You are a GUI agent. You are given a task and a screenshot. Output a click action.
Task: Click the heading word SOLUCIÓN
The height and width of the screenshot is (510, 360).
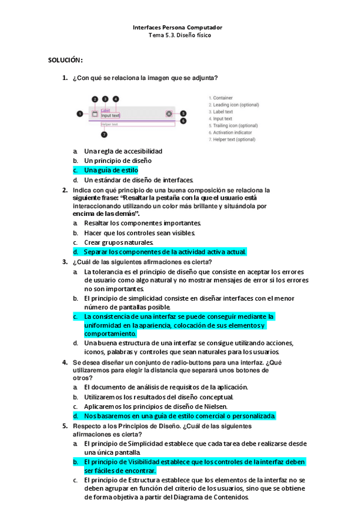click(65, 61)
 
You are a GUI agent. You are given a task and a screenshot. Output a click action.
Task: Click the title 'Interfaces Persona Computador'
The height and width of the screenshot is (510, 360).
click(180, 28)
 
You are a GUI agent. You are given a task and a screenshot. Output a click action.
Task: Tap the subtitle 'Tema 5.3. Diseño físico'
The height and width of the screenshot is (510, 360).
click(180, 35)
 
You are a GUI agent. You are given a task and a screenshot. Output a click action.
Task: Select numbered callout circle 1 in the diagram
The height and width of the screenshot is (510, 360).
click(80, 113)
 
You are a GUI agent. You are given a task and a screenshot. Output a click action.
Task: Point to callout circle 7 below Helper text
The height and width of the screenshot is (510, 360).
click(103, 134)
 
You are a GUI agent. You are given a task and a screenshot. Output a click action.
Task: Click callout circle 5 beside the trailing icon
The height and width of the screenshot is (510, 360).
click(183, 113)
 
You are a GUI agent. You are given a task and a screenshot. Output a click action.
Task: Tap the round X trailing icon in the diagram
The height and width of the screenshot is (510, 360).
click(169, 113)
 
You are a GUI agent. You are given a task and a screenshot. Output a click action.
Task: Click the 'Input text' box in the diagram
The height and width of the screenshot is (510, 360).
click(111, 115)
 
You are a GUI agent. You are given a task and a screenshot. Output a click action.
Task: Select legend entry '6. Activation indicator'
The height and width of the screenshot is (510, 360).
click(231, 132)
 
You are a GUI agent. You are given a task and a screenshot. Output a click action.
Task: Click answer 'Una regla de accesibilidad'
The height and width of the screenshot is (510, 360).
click(123, 151)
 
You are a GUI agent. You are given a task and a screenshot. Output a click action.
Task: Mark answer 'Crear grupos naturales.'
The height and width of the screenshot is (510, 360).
click(119, 242)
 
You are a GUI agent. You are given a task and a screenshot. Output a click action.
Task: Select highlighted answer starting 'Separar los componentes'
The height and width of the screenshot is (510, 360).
click(165, 252)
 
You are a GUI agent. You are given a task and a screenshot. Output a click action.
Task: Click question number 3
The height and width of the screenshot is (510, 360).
click(65, 262)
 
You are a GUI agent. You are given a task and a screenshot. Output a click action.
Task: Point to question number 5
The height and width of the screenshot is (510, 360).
click(65, 426)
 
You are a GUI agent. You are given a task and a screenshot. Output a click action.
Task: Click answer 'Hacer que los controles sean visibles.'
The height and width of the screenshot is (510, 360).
click(139, 233)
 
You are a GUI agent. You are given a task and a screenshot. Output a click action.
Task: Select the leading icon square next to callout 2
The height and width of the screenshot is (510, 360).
click(94, 113)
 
